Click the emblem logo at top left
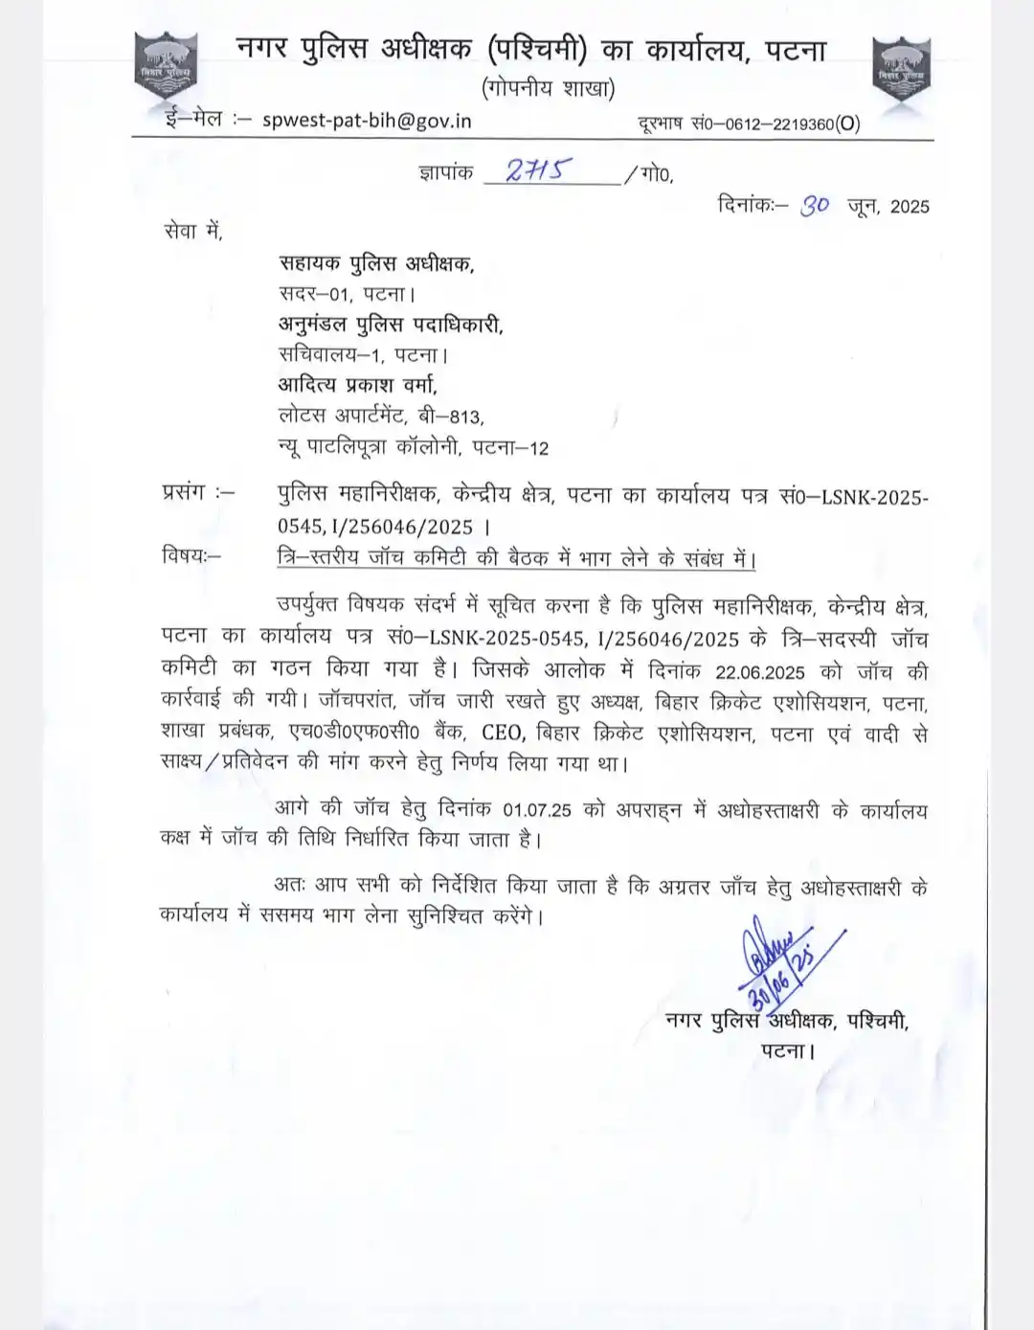tap(166, 66)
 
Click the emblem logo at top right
tap(901, 69)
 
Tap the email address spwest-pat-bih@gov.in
tap(367, 121)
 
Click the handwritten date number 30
tap(815, 205)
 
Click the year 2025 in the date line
tap(910, 207)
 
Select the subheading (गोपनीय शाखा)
tap(548, 88)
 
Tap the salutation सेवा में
tap(192, 231)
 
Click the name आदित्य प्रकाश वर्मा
tap(357, 384)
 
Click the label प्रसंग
tap(184, 492)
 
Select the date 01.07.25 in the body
tap(536, 810)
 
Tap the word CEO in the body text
tap(503, 733)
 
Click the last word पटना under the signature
tap(785, 1050)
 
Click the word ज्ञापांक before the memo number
tap(446, 173)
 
